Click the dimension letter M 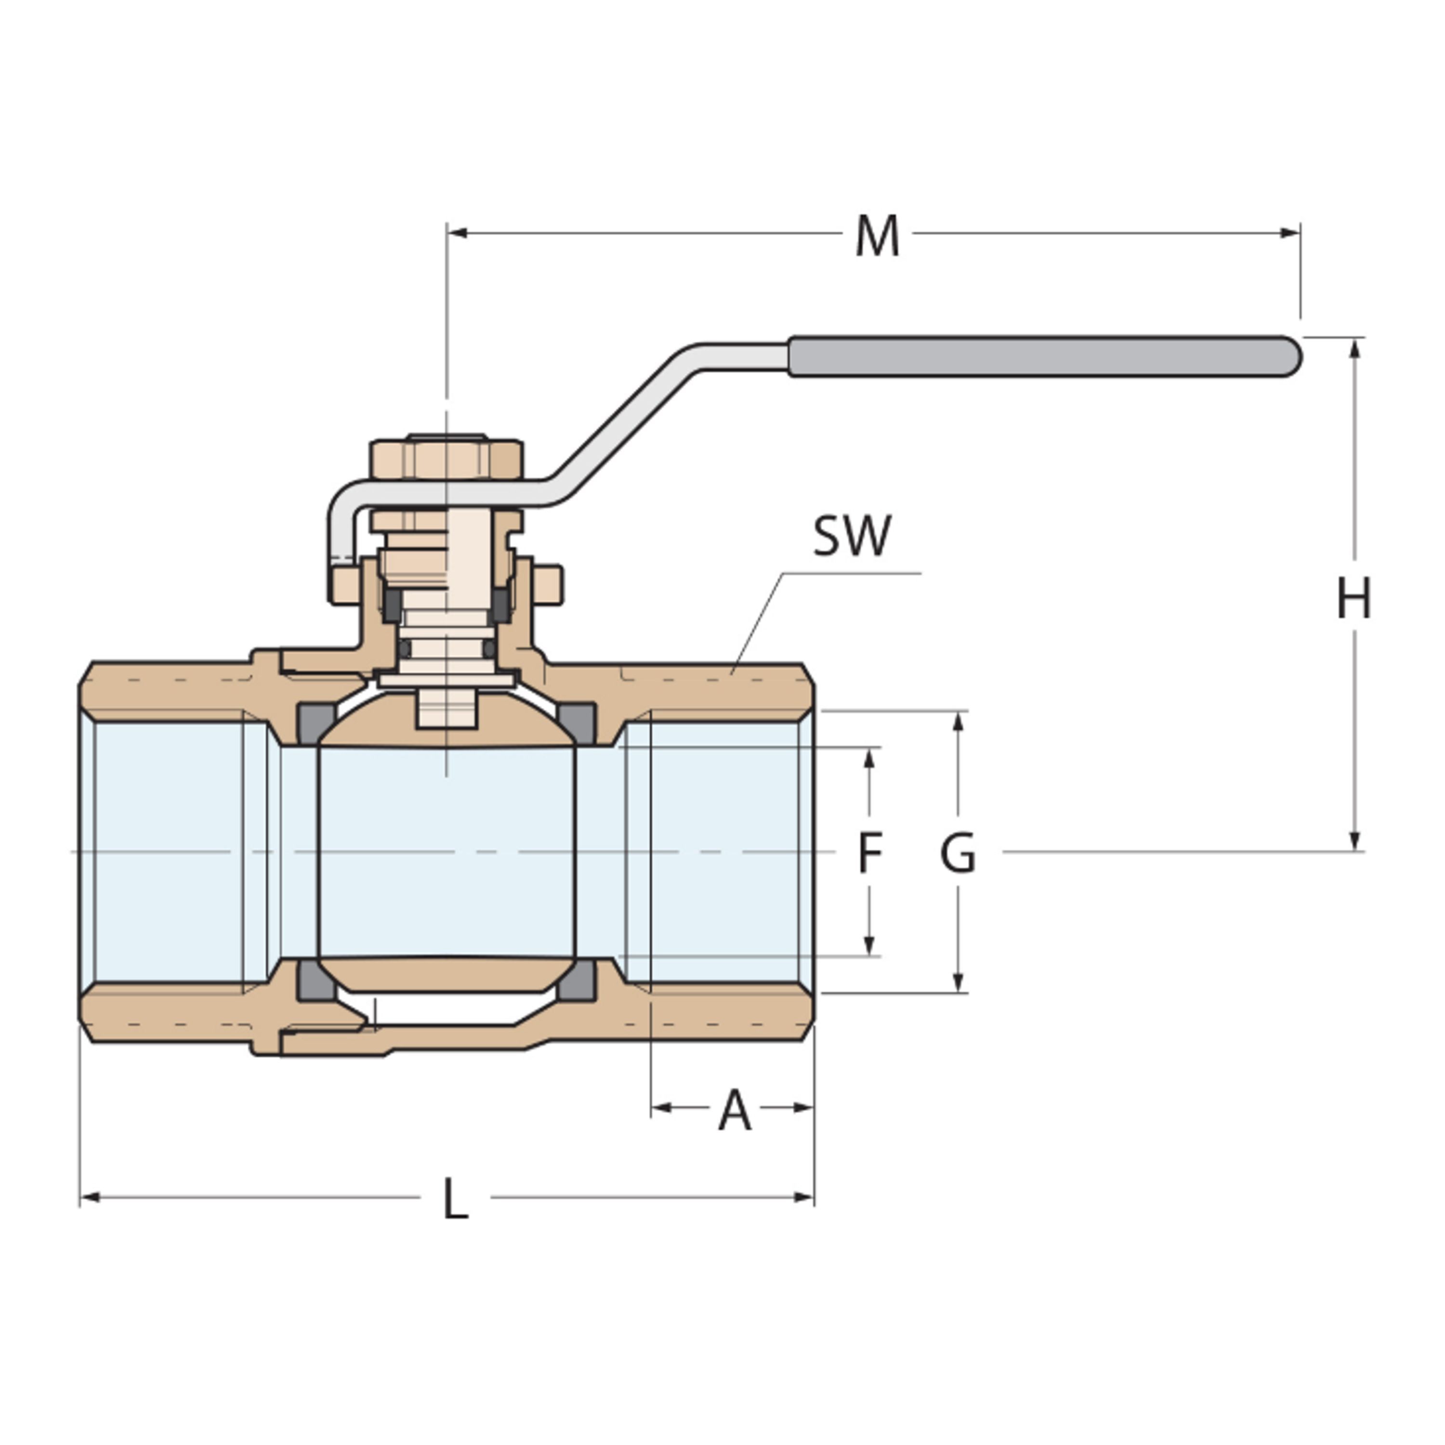877,236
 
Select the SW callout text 852,536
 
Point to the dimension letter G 958,854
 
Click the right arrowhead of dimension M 1290,233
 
